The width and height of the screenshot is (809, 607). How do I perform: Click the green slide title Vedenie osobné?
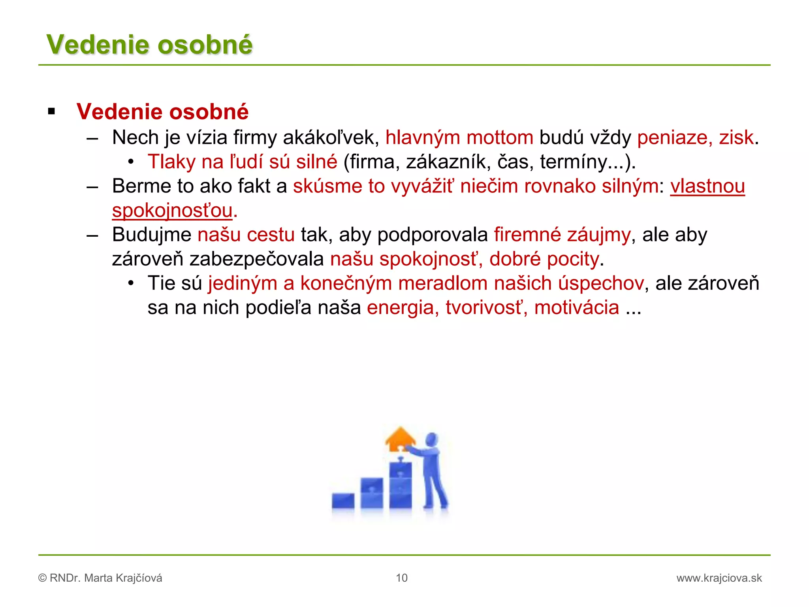click(x=149, y=44)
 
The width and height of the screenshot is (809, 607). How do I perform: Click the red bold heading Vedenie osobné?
click(x=162, y=112)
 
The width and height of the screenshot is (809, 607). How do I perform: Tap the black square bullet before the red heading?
click(x=51, y=111)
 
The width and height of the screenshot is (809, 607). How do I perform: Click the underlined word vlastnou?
click(x=707, y=186)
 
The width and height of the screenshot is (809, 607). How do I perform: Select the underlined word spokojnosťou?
click(x=172, y=211)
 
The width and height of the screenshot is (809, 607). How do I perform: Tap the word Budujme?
click(x=152, y=235)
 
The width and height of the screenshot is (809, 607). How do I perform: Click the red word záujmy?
click(x=599, y=235)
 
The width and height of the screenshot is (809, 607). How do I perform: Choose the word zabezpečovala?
click(x=257, y=259)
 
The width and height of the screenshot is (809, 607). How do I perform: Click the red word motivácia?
click(x=576, y=308)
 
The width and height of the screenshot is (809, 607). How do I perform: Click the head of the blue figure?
click(x=432, y=439)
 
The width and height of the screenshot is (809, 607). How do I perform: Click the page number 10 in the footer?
click(x=401, y=578)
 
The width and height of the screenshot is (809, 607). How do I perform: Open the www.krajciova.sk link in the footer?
click(x=719, y=578)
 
